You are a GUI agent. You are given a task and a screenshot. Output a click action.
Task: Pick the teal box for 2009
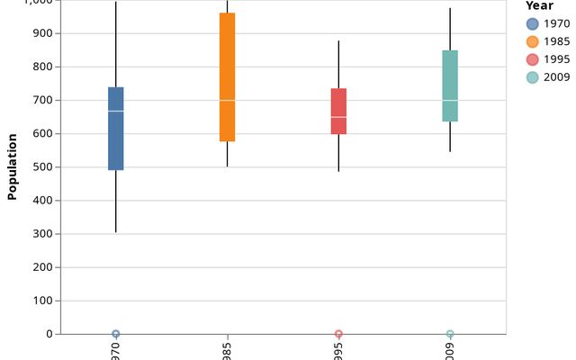pos(450,85)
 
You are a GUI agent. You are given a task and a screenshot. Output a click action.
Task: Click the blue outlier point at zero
pos(116,334)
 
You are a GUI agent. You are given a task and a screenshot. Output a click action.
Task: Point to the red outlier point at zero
pos(338,334)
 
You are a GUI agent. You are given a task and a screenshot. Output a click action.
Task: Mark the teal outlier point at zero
pos(450,334)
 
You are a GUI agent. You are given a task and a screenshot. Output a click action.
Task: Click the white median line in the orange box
pos(227,100)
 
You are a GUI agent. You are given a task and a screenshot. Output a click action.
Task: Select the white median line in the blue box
pos(116,111)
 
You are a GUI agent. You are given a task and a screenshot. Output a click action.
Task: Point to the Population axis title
pos(13,166)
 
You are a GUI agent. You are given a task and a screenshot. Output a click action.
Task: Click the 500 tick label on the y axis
pos(43,167)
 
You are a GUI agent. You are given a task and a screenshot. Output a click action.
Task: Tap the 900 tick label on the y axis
pos(43,33)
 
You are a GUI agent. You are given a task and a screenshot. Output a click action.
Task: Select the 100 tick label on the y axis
pos(43,301)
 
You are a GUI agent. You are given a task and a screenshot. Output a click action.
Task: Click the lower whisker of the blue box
pos(116,202)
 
